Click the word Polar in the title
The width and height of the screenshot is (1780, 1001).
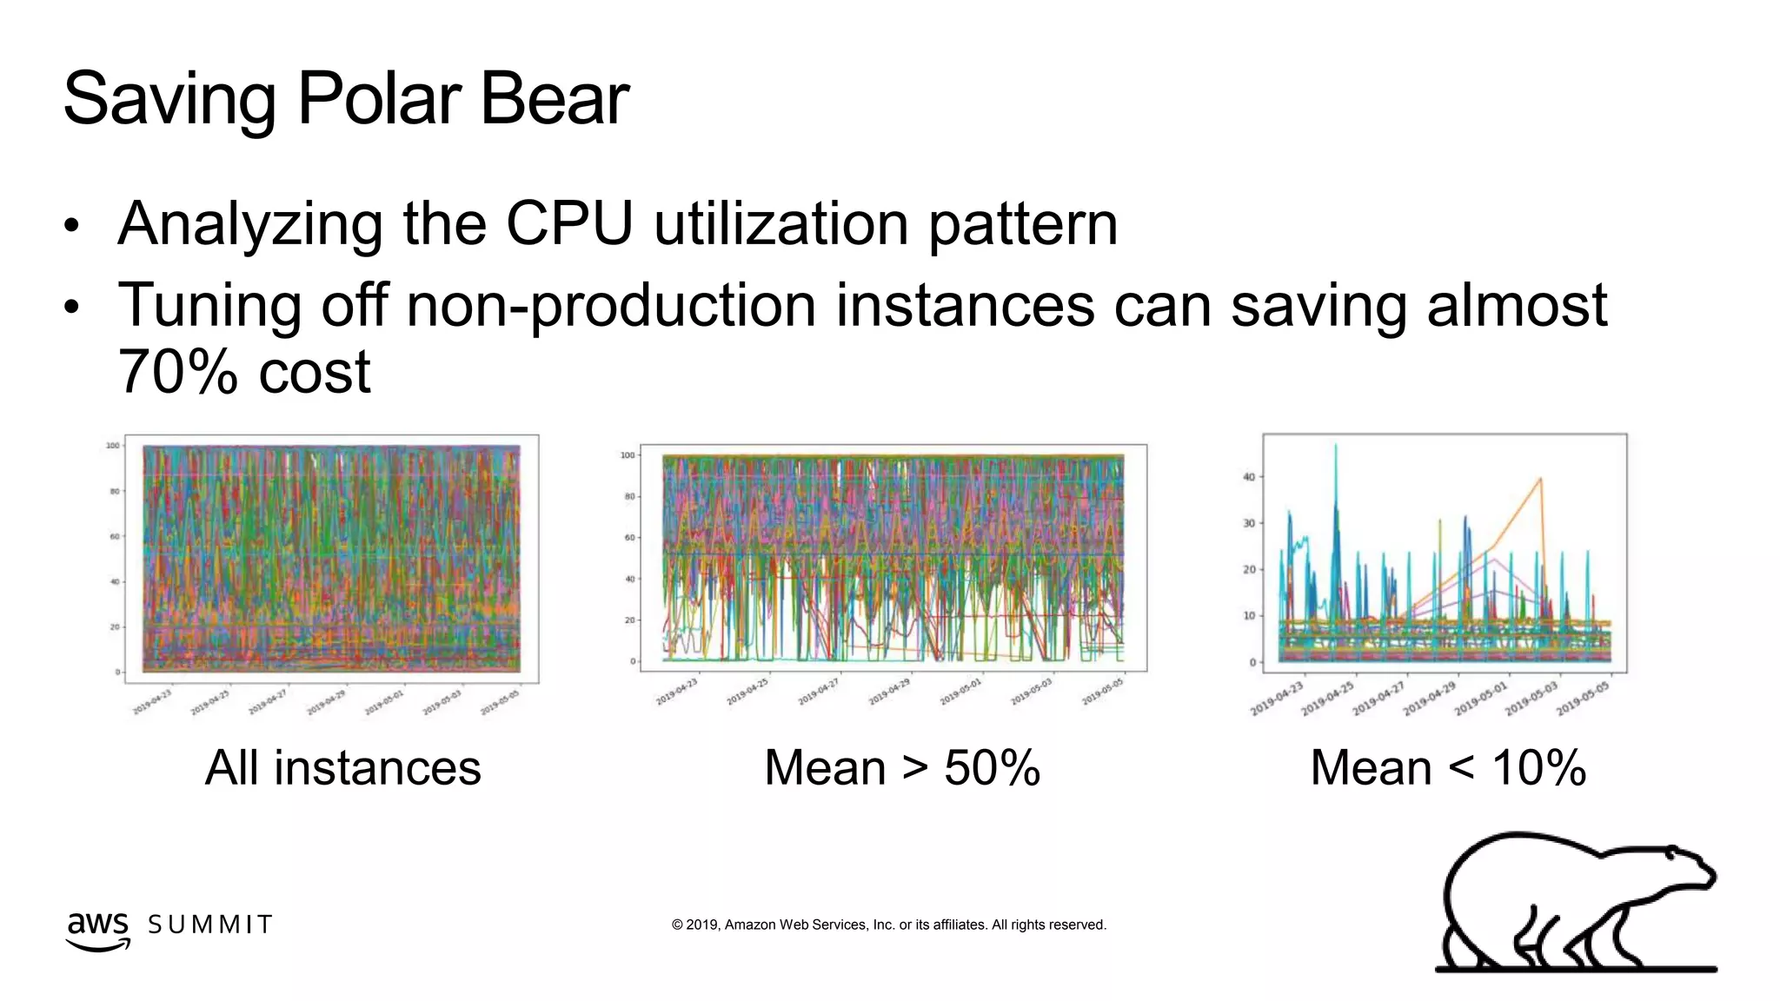378,99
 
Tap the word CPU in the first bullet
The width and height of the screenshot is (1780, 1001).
569,224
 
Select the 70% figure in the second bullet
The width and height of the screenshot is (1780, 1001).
177,372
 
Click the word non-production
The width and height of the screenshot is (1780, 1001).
610,306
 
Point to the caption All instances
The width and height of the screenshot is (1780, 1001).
342,768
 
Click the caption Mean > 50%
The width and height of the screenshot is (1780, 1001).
901,768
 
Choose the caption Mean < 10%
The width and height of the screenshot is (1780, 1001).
1448,768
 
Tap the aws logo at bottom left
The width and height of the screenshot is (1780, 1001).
97,928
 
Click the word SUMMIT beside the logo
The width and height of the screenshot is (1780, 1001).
210,925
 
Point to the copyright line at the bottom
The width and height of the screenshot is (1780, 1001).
888,925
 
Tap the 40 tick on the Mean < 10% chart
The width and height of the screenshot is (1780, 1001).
1248,477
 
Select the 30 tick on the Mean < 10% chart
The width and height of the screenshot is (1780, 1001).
1248,523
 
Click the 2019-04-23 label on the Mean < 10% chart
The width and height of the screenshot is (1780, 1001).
1278,699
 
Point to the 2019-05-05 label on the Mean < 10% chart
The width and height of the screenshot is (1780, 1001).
1583,699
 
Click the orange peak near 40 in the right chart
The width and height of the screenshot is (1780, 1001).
1540,479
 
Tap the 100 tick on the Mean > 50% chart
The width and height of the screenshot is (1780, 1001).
628,455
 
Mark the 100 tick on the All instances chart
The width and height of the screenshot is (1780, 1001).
113,446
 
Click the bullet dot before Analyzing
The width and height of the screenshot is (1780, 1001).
71,227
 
